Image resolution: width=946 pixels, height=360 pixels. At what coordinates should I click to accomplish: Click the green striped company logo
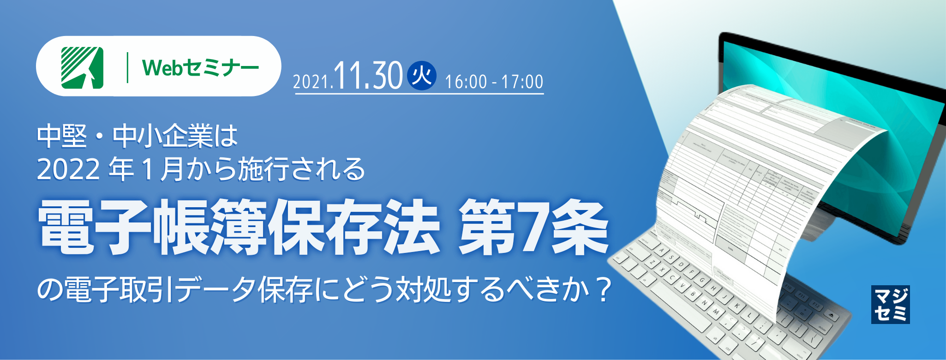pos(82,67)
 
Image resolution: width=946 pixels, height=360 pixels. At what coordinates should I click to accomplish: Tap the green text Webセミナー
pos(200,68)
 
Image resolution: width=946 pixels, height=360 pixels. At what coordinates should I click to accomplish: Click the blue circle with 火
pos(421,75)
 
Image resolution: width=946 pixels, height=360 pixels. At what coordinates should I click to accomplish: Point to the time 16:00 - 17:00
pos(494,82)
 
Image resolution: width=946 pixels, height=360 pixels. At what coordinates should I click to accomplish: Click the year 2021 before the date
pos(312,82)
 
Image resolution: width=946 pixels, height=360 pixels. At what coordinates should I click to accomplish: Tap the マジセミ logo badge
pos(890,304)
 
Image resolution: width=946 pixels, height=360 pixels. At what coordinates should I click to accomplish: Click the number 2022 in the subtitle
pos(68,169)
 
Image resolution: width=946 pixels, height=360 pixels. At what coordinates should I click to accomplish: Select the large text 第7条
pos(533,228)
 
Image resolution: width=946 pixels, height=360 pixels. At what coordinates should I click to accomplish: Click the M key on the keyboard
pos(716,312)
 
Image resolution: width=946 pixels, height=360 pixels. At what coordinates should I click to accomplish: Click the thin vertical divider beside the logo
pos(127,67)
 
